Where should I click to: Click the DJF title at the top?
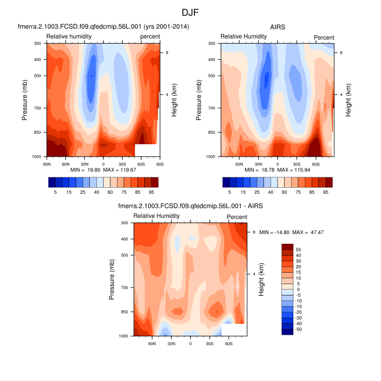pyautogui.click(x=190, y=11)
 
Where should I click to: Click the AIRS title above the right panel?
pyautogui.click(x=278, y=27)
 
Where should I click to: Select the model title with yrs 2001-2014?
pyautogui.click(x=103, y=27)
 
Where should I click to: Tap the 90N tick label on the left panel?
pyautogui.click(x=46, y=163)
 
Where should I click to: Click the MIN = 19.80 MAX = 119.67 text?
pyautogui.click(x=103, y=170)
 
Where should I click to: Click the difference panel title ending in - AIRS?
pyautogui.click(x=190, y=206)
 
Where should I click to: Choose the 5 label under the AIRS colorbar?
pyautogui.click(x=230, y=192)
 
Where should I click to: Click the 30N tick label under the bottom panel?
pyautogui.click(x=171, y=343)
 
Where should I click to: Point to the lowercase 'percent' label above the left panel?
pyautogui.click(x=150, y=36)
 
